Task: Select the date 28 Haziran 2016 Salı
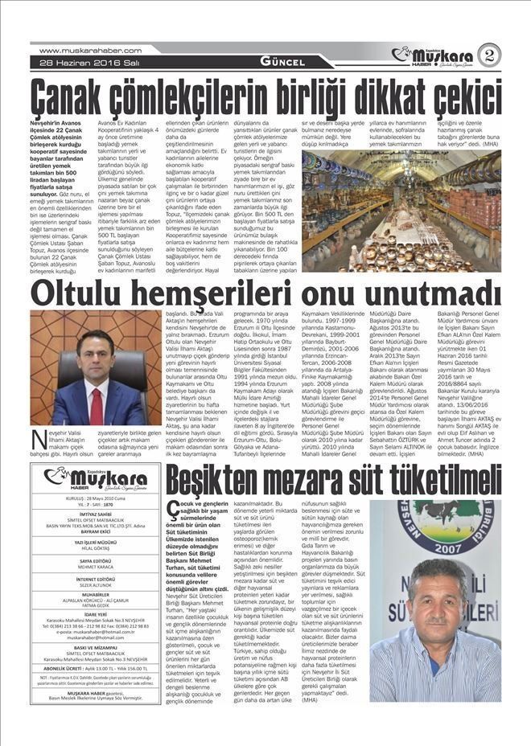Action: [x=75, y=64]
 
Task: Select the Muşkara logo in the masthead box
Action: [x=95, y=480]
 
